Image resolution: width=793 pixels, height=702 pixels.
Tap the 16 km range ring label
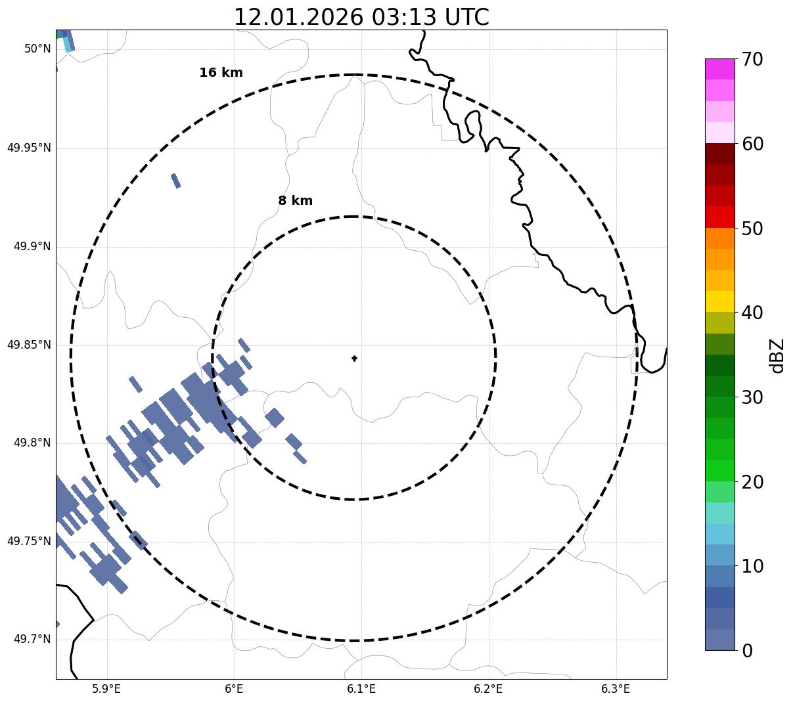221,73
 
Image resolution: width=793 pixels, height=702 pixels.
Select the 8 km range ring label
295,201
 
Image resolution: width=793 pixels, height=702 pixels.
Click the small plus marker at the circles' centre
355,359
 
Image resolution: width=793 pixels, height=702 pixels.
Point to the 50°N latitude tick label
37,49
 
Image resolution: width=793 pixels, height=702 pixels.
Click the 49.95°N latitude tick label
29,148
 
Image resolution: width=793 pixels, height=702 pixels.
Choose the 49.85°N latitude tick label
29,345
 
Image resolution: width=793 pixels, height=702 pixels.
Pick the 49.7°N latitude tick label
32,640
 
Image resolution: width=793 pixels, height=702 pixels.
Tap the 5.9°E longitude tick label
106,689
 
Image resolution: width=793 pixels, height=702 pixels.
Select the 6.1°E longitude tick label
361,689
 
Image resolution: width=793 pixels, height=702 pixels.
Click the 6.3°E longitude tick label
616,689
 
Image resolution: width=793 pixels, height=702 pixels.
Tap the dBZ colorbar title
777,355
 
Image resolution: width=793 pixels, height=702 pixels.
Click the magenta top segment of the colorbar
719,69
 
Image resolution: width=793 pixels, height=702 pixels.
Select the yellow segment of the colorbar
719,301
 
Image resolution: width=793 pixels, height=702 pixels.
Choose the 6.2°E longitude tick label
488,689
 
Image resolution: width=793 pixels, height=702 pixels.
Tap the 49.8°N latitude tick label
32,443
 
